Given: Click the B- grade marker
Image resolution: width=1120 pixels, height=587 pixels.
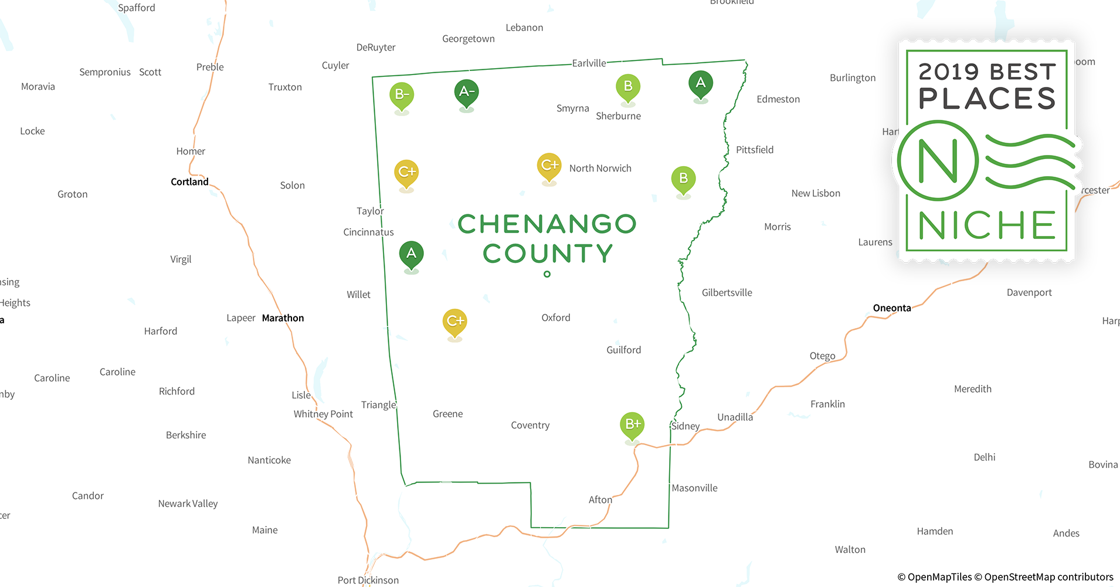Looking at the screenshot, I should (402, 95).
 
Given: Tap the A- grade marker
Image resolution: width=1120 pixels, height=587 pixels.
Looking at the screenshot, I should (466, 92).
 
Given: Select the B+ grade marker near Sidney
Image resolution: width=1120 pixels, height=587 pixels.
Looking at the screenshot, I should (632, 424).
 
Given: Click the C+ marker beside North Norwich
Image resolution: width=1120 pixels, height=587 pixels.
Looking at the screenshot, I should (549, 166).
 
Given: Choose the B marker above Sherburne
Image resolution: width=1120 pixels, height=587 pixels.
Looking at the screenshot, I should (627, 87).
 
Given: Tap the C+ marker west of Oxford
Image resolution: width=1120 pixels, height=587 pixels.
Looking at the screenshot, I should (454, 322).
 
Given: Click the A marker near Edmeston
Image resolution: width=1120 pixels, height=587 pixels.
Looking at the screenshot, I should (700, 83).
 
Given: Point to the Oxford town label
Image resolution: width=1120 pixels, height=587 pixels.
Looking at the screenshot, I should (555, 318).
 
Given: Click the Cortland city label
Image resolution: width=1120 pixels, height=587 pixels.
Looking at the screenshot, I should (189, 182).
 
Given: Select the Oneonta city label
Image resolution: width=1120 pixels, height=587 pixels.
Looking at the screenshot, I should (891, 308).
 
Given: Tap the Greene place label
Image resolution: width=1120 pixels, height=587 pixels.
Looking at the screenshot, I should (447, 414).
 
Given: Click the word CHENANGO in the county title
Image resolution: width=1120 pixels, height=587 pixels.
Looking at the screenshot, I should (547, 224).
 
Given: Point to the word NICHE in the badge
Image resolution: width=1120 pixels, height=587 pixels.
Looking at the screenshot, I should (987, 225).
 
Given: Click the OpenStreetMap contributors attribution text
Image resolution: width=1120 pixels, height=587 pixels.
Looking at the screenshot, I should (1048, 577).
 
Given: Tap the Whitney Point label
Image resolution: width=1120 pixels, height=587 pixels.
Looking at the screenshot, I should (323, 414).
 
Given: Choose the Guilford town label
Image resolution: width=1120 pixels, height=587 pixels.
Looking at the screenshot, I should (623, 350).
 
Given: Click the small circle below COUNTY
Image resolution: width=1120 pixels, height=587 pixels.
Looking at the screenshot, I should (547, 274).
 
